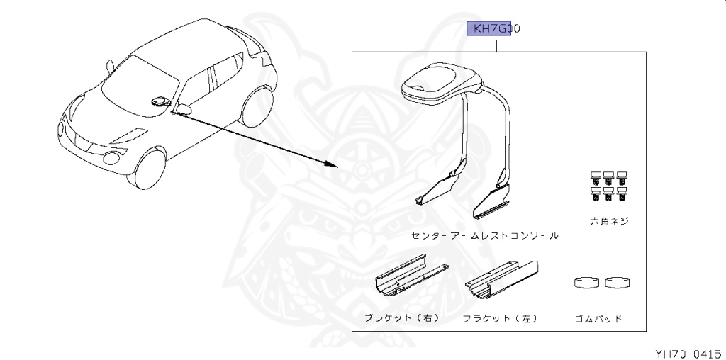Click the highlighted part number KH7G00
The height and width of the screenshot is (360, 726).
(x=493, y=28)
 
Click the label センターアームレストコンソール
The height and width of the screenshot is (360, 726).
(x=484, y=235)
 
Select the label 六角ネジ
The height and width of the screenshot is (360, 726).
(x=609, y=221)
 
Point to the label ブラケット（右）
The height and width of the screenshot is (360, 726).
(x=401, y=318)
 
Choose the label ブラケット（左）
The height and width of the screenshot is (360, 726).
(x=500, y=318)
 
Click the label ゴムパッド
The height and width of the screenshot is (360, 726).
(x=598, y=319)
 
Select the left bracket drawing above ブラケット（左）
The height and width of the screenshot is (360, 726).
(x=501, y=280)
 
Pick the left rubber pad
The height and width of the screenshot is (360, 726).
(x=586, y=282)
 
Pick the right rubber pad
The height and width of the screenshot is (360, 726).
(x=618, y=282)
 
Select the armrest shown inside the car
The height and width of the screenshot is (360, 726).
(x=161, y=100)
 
